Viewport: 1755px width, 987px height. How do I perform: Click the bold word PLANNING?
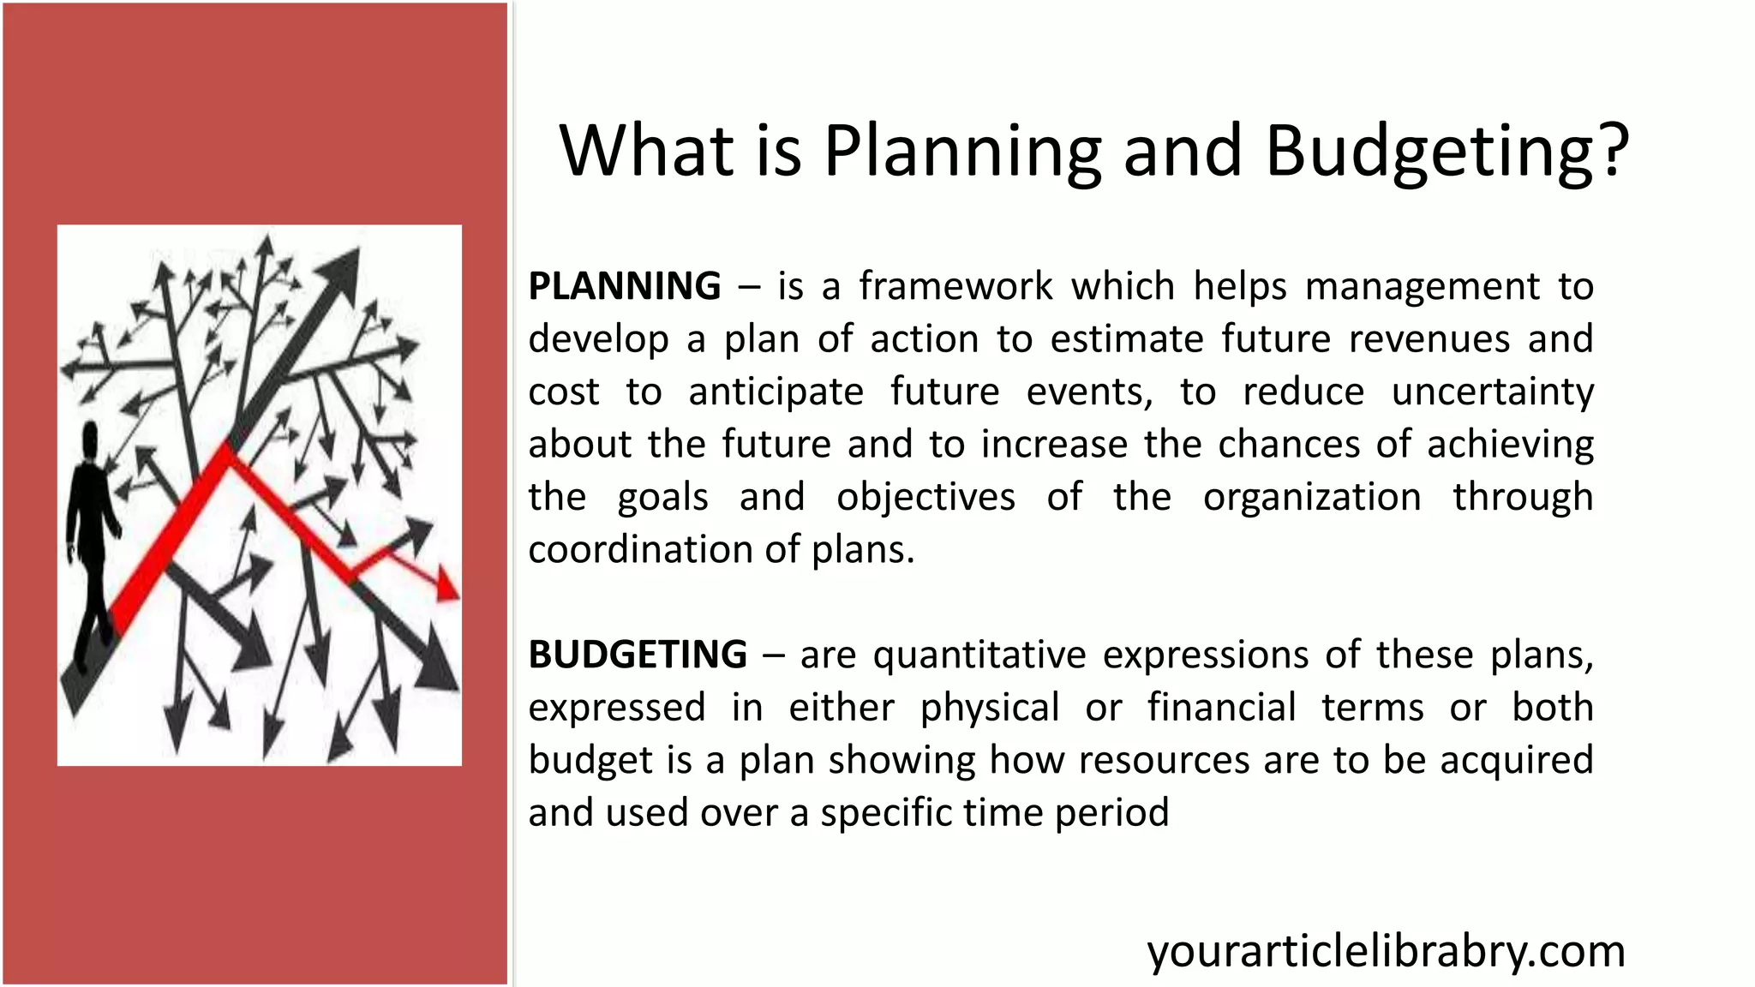pyautogui.click(x=625, y=286)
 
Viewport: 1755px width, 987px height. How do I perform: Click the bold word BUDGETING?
pyautogui.click(x=638, y=655)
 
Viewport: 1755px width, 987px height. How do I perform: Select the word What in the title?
pyautogui.click(x=647, y=151)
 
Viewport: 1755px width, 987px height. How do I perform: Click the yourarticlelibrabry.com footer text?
pyautogui.click(x=1386, y=951)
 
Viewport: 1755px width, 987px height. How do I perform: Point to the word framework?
pyautogui.click(x=955, y=286)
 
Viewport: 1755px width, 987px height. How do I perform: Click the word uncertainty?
pyautogui.click(x=1492, y=392)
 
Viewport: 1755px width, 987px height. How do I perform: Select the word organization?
pyautogui.click(x=1312, y=497)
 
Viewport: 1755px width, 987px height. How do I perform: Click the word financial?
pyautogui.click(x=1221, y=708)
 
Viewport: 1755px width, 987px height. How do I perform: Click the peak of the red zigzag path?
pyautogui.click(x=227, y=452)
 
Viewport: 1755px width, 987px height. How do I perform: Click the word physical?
pyautogui.click(x=990, y=709)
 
